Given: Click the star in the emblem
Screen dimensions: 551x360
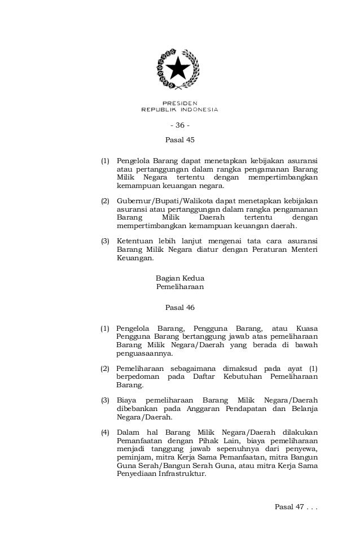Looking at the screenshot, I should click(180, 69).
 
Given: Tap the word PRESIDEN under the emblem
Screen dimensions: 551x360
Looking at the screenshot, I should click(180, 103).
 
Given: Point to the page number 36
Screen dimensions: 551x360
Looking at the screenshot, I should click(180, 125).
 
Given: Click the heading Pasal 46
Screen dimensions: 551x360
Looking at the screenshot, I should click(179, 308).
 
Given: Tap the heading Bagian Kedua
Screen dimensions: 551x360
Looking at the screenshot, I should click(179, 278).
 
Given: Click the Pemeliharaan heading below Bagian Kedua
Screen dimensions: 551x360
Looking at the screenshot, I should click(179, 287).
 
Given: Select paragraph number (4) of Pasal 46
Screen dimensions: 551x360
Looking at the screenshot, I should click(105, 433).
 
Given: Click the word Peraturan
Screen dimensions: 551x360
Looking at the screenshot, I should click(255, 249).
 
